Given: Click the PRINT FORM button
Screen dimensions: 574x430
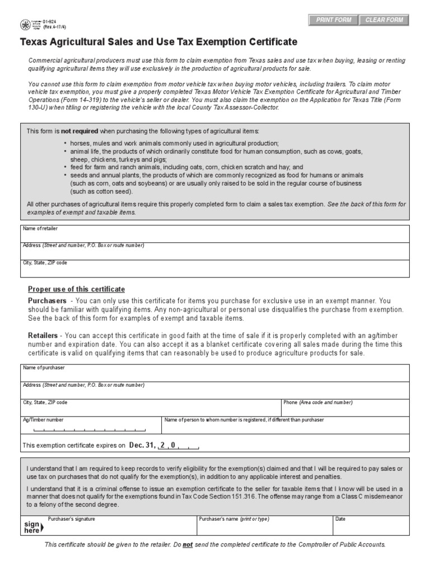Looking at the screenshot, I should point(334,20).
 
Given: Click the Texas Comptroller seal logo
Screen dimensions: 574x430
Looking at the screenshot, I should point(25,25).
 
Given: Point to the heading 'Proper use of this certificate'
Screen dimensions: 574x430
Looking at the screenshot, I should point(77,289).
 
